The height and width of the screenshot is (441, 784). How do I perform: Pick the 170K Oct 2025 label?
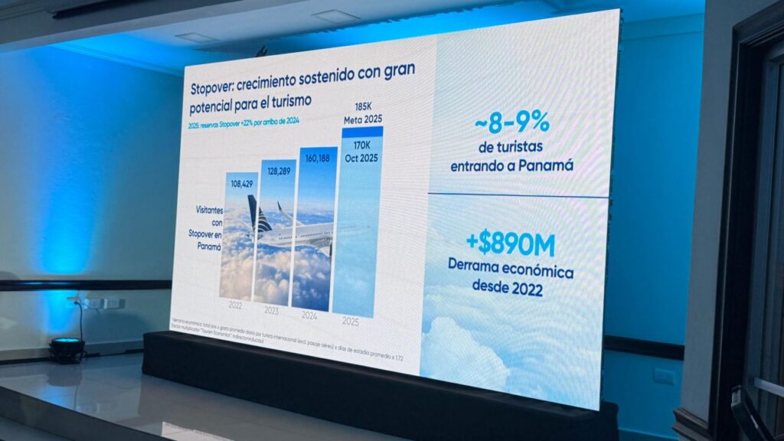(x=360, y=146)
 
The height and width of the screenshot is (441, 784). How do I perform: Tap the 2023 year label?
(x=272, y=310)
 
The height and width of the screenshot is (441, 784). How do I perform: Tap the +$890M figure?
(x=510, y=243)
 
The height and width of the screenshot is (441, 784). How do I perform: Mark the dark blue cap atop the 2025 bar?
(x=363, y=132)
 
